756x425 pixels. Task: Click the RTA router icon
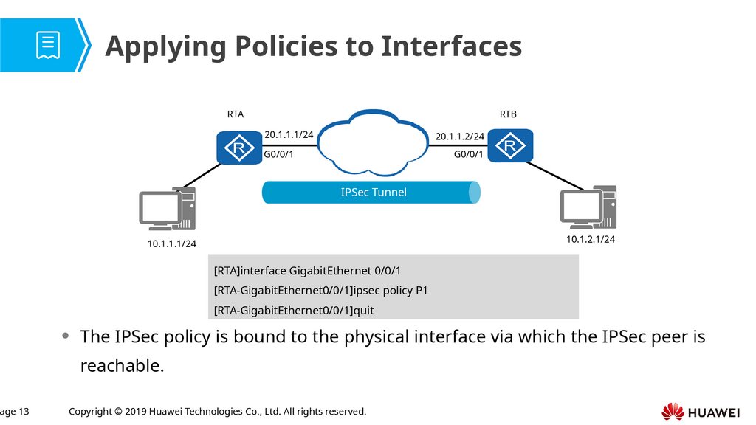[x=239, y=148]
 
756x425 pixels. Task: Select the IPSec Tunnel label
[x=374, y=193]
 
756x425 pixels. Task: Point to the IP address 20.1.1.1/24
[x=289, y=135]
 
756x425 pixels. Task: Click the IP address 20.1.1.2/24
[x=459, y=137]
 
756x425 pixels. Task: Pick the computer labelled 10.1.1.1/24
[x=168, y=210]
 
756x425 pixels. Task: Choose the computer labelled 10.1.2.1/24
[x=588, y=207]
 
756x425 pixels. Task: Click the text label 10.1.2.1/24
[x=590, y=239]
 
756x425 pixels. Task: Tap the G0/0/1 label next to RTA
[x=279, y=155]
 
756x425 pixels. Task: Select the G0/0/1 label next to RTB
[x=468, y=155]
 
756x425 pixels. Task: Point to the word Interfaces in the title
[x=452, y=47]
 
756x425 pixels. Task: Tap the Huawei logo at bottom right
[x=701, y=412]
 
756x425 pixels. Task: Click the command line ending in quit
[x=294, y=311]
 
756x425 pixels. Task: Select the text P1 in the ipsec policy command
[x=422, y=291]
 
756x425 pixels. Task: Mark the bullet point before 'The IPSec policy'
[x=66, y=336]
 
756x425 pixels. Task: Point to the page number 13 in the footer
[x=21, y=411]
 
